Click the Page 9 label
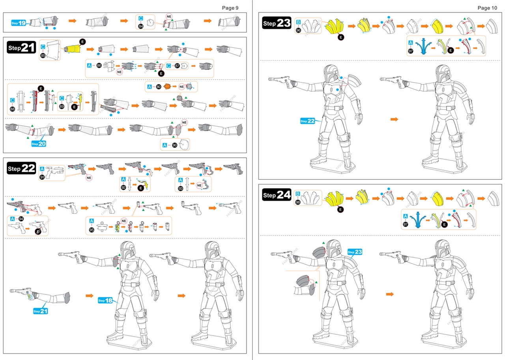(230, 7)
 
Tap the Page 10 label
(487, 8)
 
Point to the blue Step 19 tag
(19, 23)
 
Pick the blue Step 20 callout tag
(39, 144)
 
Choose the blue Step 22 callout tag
(308, 121)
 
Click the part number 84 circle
(141, 26)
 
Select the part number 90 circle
(174, 145)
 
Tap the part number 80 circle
(159, 86)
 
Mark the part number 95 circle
(92, 229)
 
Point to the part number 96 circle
(298, 30)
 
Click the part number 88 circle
(13, 109)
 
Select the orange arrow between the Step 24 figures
(390, 294)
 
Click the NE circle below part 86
(120, 72)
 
